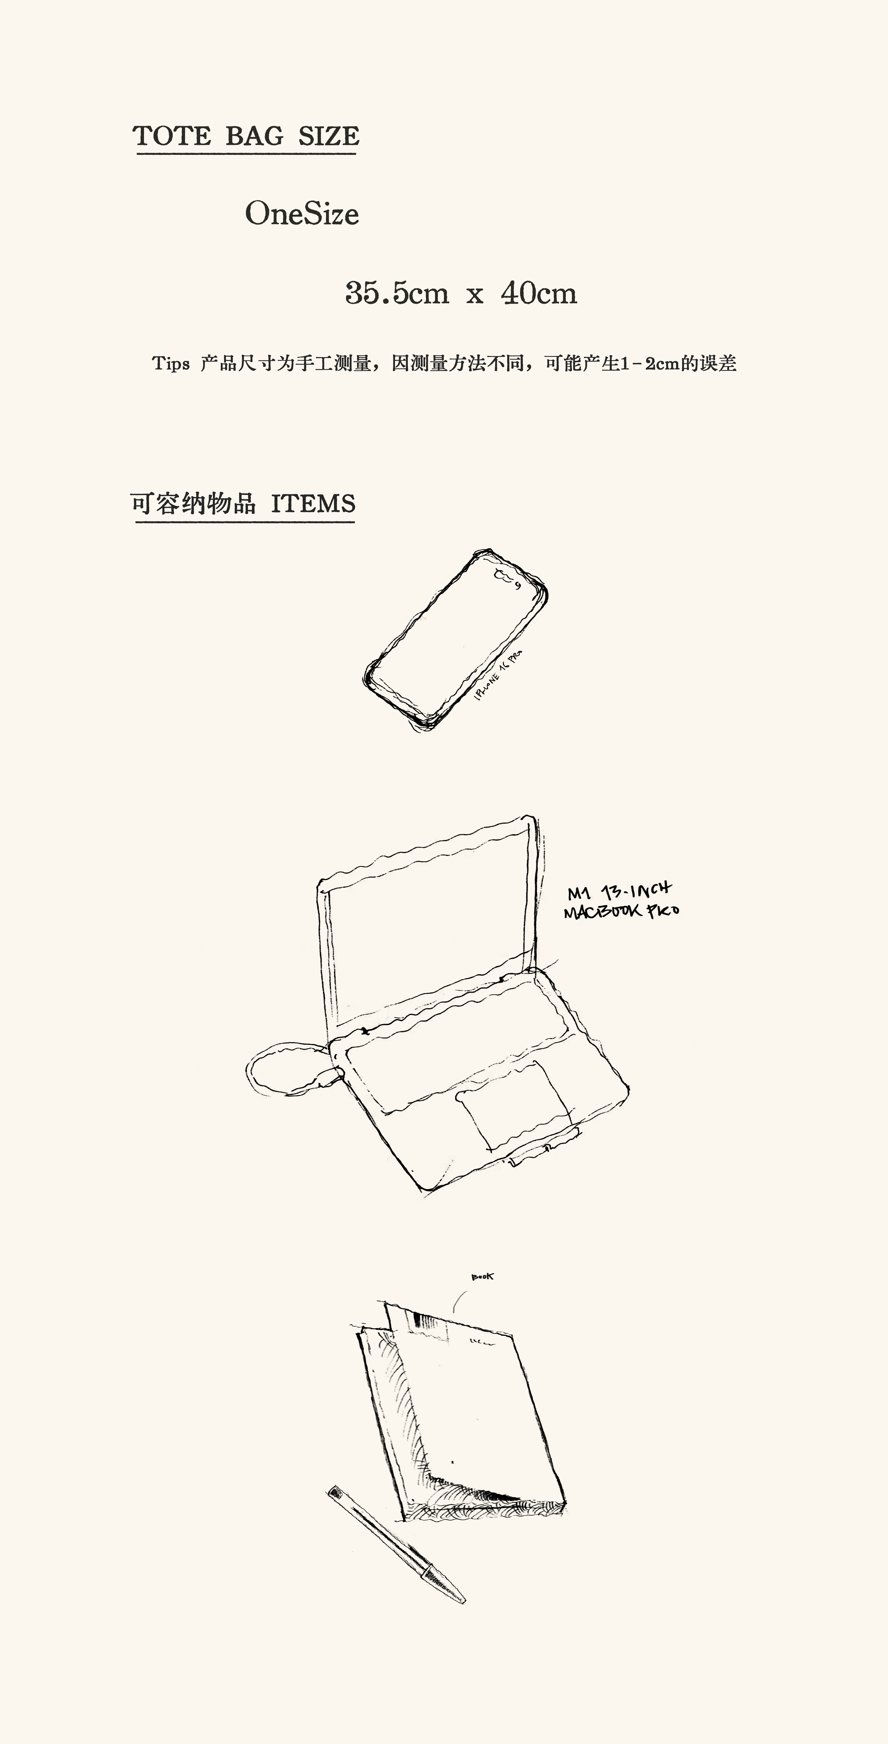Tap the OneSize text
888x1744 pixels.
[302, 214]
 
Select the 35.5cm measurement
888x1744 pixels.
[397, 293]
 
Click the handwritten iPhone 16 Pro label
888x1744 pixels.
[499, 675]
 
